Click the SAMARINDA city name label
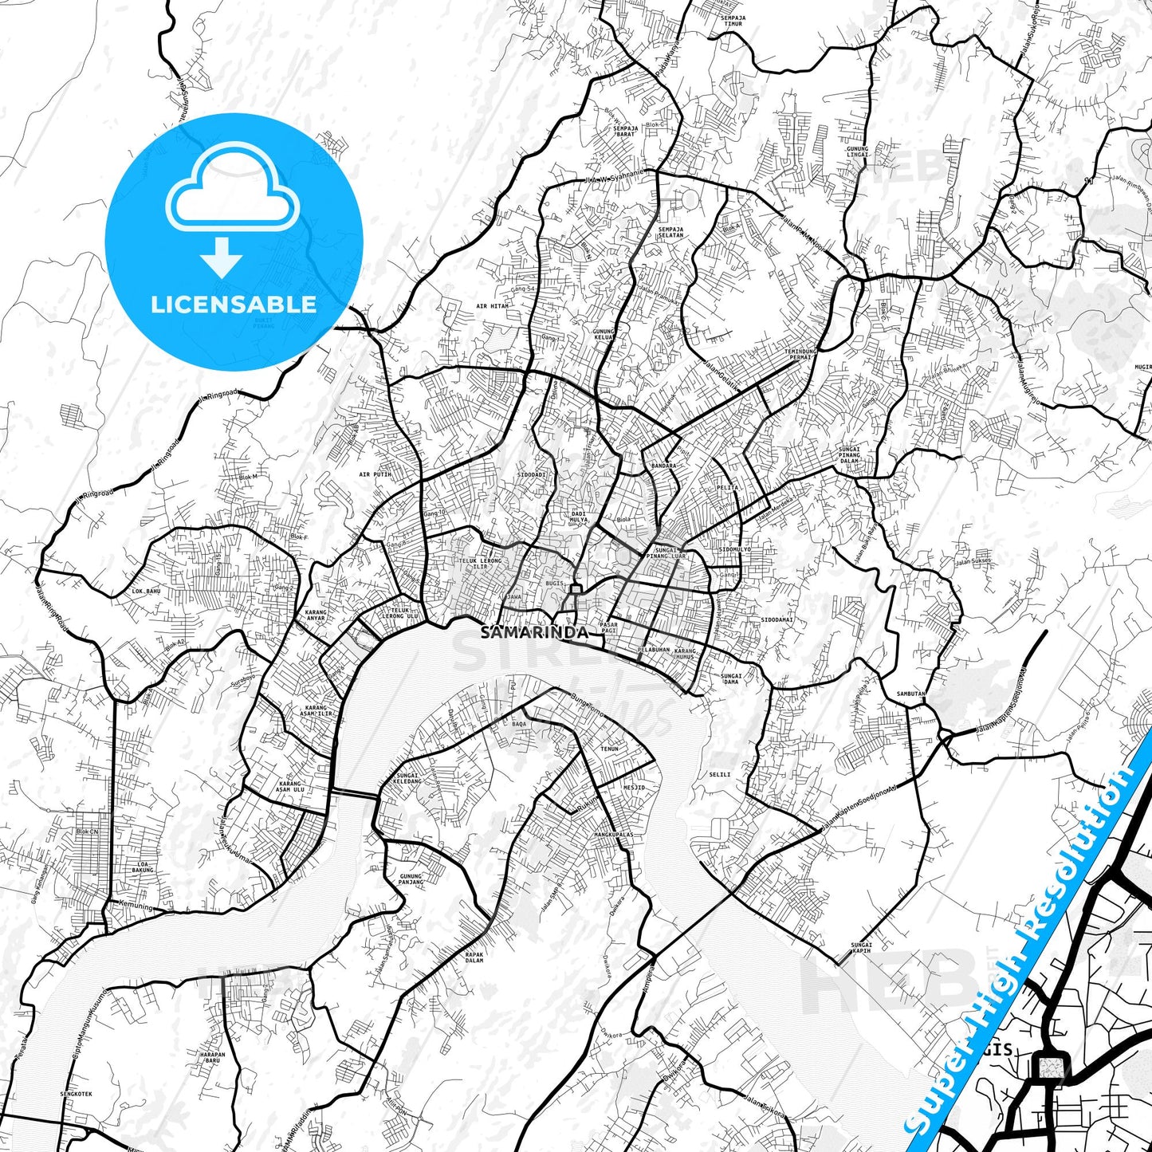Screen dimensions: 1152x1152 (x=534, y=632)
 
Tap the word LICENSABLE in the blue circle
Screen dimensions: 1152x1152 (x=234, y=305)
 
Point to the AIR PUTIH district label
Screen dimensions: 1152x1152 (x=375, y=474)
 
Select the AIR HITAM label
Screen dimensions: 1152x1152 (x=492, y=306)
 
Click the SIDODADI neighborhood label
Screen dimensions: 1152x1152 (x=532, y=474)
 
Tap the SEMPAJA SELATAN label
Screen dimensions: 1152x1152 (x=670, y=232)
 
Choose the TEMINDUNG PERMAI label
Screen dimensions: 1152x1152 (x=797, y=354)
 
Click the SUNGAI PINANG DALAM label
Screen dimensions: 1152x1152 (x=849, y=454)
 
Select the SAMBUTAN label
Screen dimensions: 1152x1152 (x=910, y=694)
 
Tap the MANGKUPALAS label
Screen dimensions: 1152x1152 (x=613, y=835)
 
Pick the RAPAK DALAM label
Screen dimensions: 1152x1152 (x=474, y=957)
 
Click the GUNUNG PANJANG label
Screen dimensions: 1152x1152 (x=411, y=879)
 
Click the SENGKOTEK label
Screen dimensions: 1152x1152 (x=76, y=1094)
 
